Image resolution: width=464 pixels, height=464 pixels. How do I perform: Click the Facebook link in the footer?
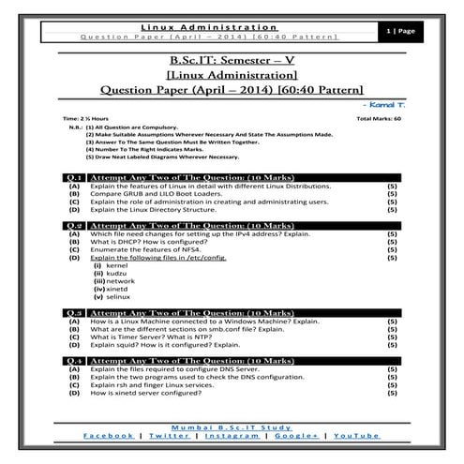(x=107, y=436)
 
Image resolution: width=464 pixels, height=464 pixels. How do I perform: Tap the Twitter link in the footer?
(x=169, y=436)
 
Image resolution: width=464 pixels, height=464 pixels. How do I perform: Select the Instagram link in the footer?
(x=233, y=436)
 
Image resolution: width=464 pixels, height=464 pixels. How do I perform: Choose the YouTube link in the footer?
(x=355, y=436)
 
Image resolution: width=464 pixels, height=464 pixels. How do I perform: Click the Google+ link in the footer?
(x=296, y=436)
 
